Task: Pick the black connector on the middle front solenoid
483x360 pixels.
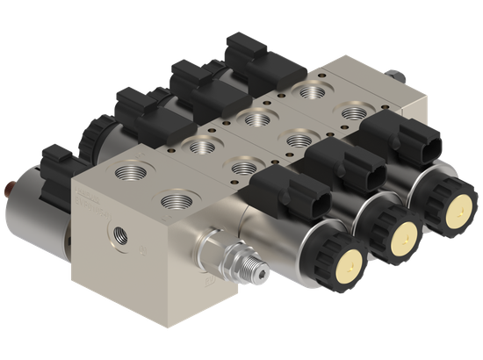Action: click(335, 163)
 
